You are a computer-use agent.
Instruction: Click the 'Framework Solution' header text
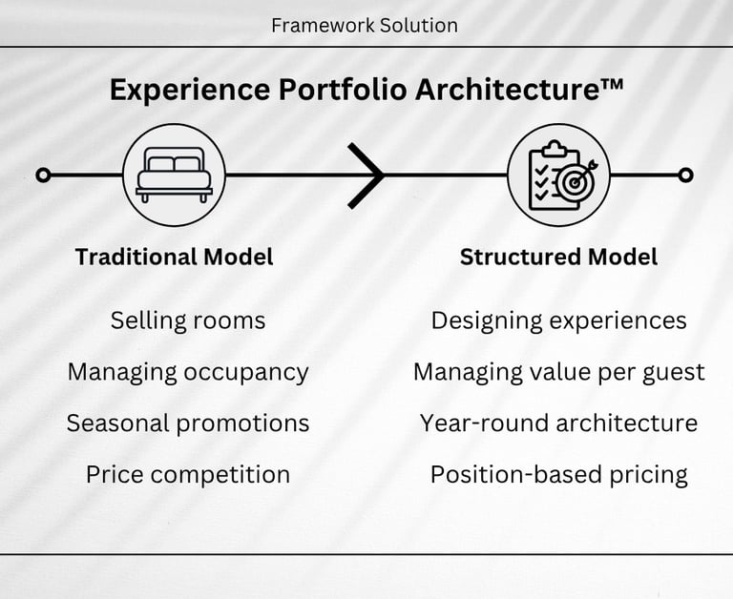tap(365, 25)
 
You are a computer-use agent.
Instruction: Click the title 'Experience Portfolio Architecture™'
tap(366, 89)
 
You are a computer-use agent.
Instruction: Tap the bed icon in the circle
tap(174, 175)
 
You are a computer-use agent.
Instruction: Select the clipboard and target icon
tap(557, 175)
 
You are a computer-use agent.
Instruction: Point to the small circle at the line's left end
tap(42, 175)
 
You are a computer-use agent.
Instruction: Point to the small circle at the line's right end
tap(685, 175)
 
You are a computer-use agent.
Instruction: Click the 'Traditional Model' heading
tap(175, 257)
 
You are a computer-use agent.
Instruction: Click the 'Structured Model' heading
tap(558, 257)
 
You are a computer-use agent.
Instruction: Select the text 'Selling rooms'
tap(188, 320)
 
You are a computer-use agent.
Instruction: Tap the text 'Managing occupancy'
tap(188, 372)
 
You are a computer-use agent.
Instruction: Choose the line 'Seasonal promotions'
tap(188, 423)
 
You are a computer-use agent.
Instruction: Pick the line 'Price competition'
tap(188, 474)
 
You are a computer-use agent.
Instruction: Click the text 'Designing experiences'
tap(558, 320)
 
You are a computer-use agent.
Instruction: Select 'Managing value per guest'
tap(558, 372)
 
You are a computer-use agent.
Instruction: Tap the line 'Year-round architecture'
tap(558, 423)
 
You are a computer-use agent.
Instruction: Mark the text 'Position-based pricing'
tap(558, 474)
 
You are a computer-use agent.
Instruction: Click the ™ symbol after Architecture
tap(613, 84)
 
